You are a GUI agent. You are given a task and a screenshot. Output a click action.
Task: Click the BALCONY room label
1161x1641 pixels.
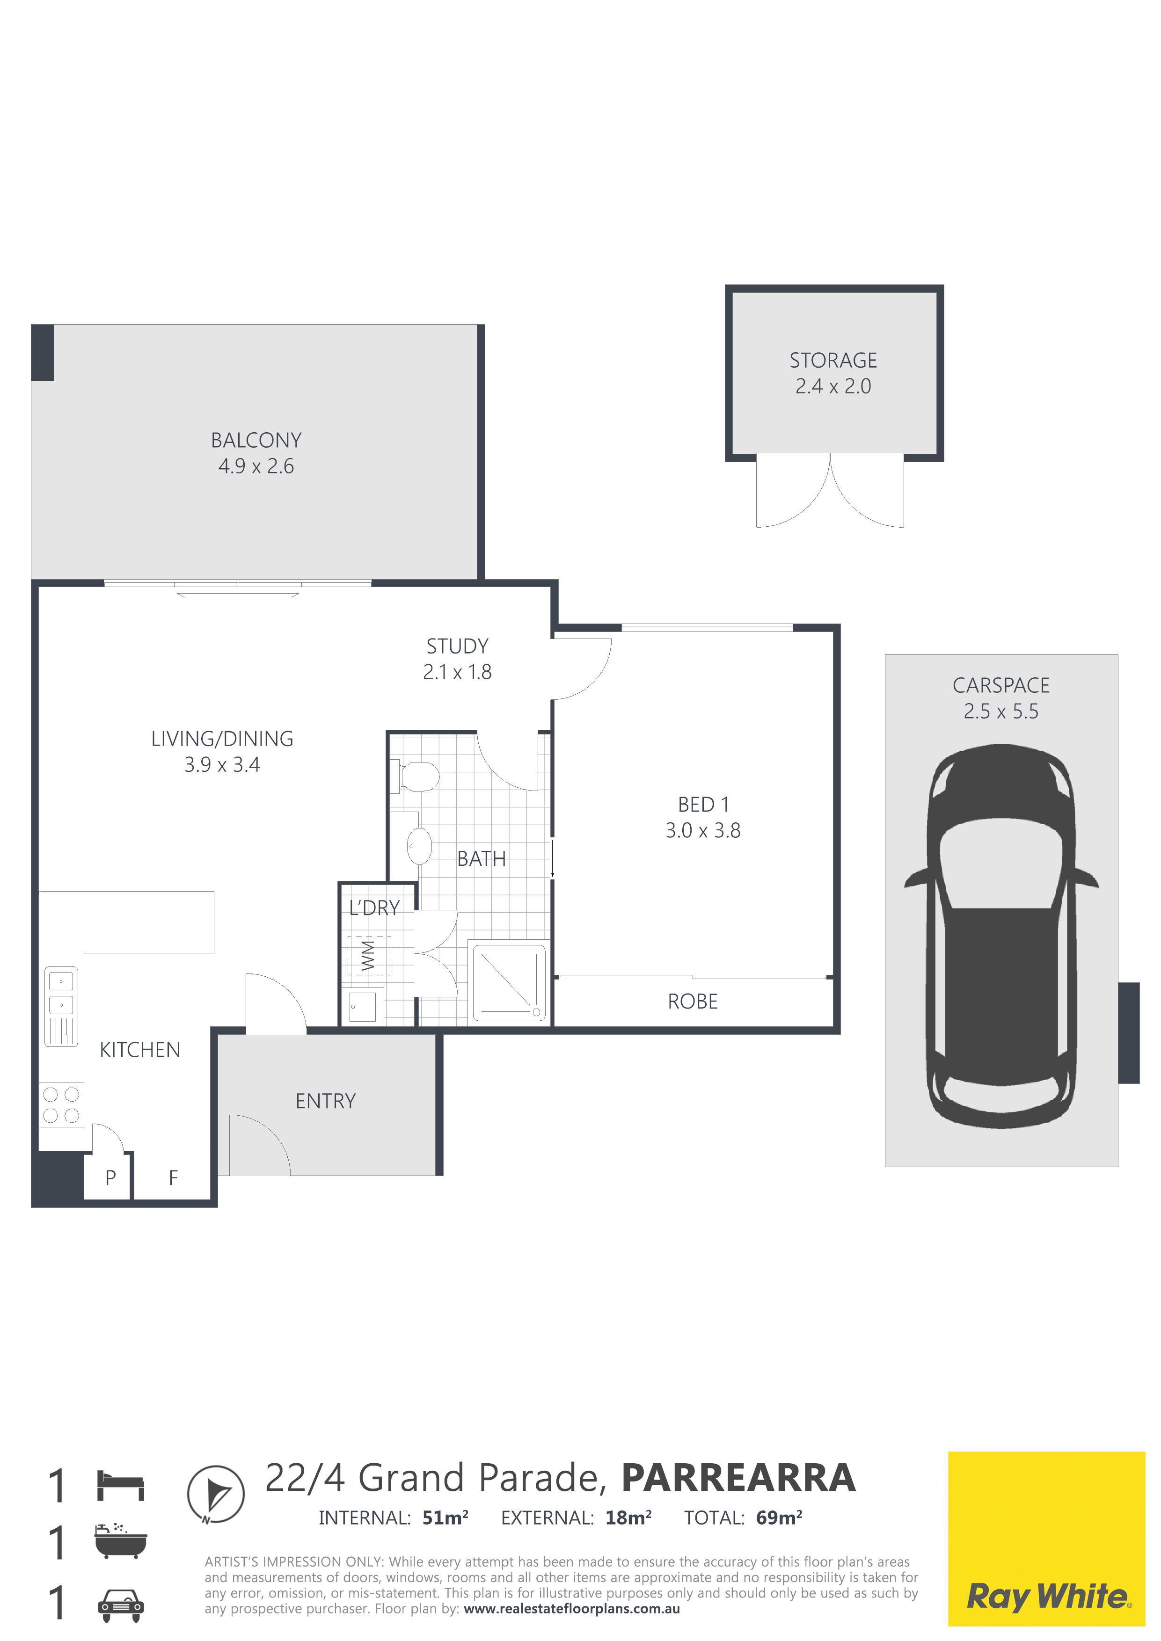(256, 440)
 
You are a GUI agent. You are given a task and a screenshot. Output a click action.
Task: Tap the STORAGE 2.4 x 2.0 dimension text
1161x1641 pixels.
(833, 387)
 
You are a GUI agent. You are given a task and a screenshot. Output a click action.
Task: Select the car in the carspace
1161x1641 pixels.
(1001, 937)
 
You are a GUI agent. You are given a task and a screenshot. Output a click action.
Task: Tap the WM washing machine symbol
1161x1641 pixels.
(369, 956)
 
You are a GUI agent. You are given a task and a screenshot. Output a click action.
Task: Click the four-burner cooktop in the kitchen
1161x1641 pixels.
(61, 1105)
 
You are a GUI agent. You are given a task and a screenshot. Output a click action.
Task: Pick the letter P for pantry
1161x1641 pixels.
(110, 1178)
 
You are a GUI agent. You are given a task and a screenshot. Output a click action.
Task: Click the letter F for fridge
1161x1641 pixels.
(173, 1178)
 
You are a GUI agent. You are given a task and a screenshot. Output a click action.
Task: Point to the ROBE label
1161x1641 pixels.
(692, 1002)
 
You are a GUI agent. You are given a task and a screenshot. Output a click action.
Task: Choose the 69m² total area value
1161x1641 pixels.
(779, 1518)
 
